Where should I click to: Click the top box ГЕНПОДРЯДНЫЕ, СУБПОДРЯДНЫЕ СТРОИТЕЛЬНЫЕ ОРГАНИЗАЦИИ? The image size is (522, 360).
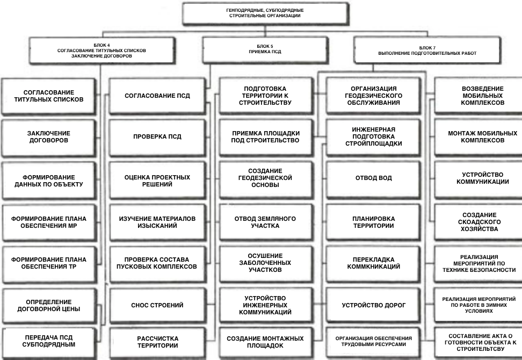tap(265, 13)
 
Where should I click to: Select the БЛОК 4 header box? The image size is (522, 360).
tap(102, 51)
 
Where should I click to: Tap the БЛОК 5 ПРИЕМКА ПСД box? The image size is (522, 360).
tap(265, 49)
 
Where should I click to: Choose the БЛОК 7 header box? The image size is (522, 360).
tap(427, 50)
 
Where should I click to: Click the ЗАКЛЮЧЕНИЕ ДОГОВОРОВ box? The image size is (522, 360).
tap(49, 137)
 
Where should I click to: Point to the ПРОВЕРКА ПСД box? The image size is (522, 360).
tap(157, 136)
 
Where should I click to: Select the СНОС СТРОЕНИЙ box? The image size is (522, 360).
tap(157, 305)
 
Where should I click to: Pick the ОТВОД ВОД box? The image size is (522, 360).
tap(374, 178)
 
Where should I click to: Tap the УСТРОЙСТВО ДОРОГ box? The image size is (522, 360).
tap(374, 305)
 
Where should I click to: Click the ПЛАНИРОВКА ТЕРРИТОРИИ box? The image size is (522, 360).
tap(374, 222)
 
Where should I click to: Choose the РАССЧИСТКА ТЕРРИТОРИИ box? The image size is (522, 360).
tap(158, 342)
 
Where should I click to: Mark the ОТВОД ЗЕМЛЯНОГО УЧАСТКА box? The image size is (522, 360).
tap(265, 222)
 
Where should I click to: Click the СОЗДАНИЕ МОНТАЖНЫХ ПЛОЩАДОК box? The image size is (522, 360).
tap(265, 342)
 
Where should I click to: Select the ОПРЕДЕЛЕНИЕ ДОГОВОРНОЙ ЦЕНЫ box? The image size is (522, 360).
tap(49, 305)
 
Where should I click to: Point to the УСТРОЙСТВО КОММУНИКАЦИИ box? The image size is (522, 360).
tap(482, 178)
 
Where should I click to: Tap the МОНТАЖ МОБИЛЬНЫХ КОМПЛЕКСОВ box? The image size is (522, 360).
tap(482, 137)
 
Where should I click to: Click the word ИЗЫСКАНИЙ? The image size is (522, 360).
tap(157, 226)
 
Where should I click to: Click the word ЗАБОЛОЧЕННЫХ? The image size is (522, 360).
tap(265, 263)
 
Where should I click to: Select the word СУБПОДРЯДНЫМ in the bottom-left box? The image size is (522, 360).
tap(49, 344)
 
